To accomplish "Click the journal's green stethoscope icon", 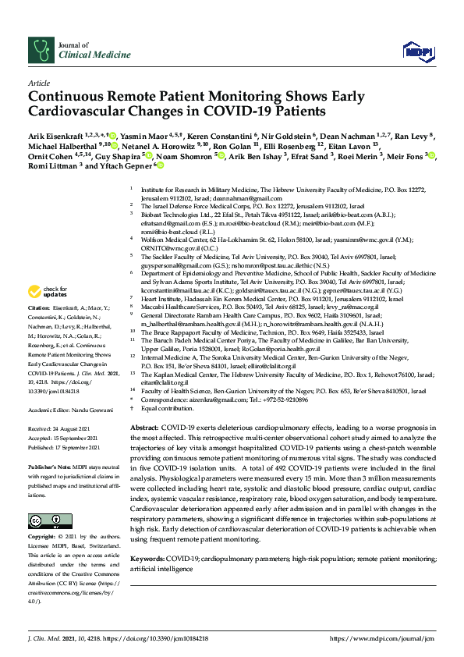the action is pos(41,51).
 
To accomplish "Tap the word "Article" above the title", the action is pos(38,82).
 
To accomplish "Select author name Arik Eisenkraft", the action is pos(56,134).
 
